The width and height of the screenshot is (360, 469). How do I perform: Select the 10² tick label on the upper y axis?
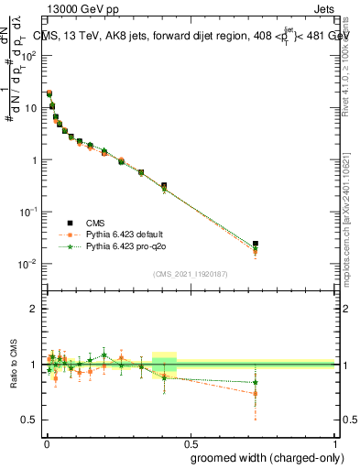click(x=29, y=55)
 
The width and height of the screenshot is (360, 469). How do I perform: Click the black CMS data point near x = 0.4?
click(x=164, y=186)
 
